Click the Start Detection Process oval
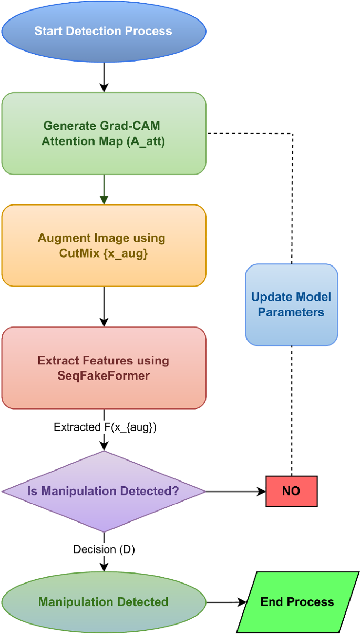pos(104,31)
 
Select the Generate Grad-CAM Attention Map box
pos(104,134)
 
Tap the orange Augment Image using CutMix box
pos(104,246)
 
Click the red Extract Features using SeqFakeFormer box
pos(104,368)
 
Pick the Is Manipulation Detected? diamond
pos(104,492)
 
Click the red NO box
pos(291,492)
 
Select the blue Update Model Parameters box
pos(291,305)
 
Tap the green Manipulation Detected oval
pos(104,602)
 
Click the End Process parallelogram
pos(297,602)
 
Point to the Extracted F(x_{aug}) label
pos(105,427)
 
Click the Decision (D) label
pos(104,550)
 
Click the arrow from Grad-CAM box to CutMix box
pos(104,189)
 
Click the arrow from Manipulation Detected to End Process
pos(226,602)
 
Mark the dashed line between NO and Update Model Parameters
pos(292,410)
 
